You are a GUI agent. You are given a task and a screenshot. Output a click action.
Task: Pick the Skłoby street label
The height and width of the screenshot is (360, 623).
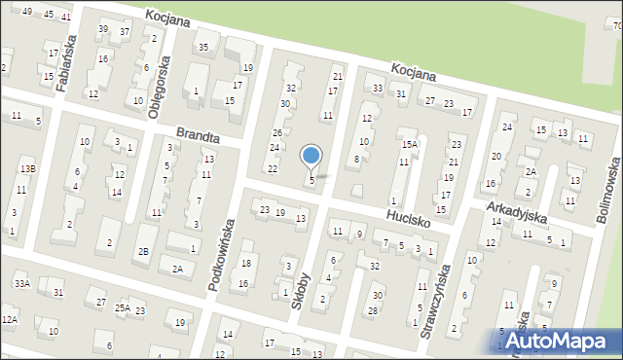[x=300, y=290]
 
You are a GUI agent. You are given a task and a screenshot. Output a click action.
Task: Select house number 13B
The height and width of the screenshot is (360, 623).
[x=27, y=169]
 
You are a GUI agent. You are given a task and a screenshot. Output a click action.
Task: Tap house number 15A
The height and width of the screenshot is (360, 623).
[x=410, y=144]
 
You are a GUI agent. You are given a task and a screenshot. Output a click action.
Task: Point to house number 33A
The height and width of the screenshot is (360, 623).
[x=21, y=283]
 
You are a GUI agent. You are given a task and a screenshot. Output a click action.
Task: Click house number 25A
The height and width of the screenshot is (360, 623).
[x=122, y=308]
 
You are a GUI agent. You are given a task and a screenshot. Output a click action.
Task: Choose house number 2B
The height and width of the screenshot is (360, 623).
[x=143, y=252]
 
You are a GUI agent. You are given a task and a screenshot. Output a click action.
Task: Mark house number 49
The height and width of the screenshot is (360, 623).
[x=27, y=12]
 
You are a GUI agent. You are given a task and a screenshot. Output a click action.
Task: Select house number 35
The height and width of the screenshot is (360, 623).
[x=203, y=47]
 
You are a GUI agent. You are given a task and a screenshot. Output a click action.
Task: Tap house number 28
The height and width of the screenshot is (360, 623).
[x=373, y=310]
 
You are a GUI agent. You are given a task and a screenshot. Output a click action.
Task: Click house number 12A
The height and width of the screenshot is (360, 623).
[x=9, y=319]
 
